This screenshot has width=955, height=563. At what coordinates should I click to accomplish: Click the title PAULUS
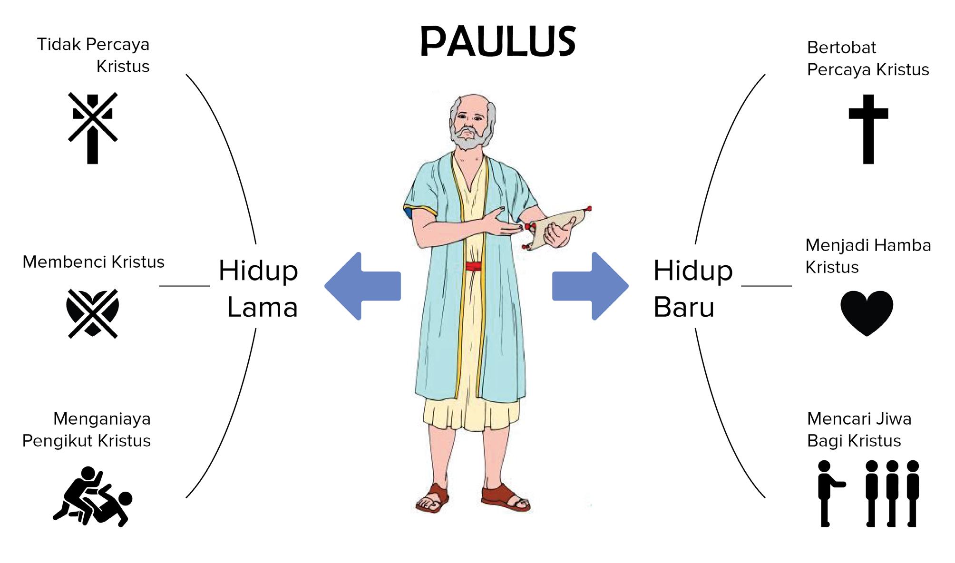498,41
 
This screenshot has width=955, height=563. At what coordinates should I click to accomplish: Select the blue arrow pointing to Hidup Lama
363,286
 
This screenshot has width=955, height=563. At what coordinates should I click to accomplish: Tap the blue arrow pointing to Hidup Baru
590,286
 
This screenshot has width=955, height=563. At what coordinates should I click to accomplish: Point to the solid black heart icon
867,312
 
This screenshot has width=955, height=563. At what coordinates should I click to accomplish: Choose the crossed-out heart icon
92,313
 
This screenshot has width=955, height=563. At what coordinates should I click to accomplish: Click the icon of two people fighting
93,496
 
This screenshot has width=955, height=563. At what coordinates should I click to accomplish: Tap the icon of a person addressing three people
868,493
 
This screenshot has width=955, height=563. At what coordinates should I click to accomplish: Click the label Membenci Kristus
93,262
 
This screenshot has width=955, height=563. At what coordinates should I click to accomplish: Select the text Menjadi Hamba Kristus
868,256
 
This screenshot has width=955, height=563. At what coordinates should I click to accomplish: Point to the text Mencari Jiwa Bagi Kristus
859,429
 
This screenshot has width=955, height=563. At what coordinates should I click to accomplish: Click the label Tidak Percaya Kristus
93,55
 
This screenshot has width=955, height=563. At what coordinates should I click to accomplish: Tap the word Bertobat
841,48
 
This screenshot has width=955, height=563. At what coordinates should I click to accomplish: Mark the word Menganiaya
102,419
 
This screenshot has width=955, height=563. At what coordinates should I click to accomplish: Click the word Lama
263,307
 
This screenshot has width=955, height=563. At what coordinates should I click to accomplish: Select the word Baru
683,307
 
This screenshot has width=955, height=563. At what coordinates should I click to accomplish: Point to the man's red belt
473,266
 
